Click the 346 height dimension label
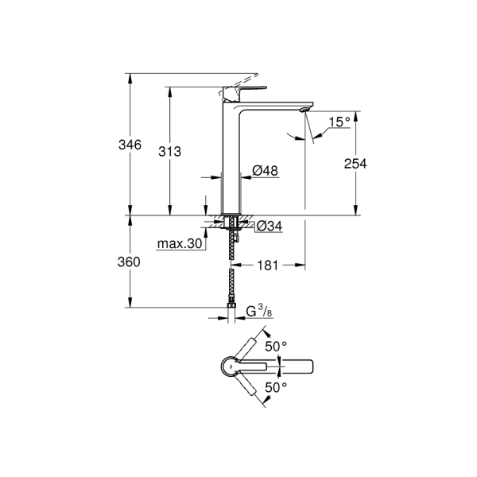point(130,145)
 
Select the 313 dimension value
point(169,151)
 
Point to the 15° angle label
point(339,122)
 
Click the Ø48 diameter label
point(265,171)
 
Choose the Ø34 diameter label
point(270,227)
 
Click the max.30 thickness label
point(180,244)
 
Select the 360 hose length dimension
point(130,262)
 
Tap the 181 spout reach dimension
point(267,266)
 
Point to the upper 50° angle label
point(276,347)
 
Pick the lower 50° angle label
point(276,386)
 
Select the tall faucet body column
point(231,159)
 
